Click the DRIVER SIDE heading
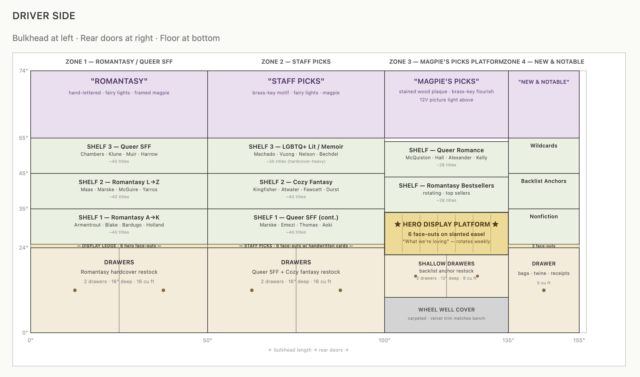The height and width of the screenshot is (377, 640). coord(44,16)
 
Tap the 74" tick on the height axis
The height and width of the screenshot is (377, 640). coord(24,71)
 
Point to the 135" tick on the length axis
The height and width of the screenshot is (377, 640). coord(508,340)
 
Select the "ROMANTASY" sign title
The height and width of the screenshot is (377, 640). coord(119,81)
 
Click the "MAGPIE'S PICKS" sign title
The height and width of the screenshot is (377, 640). coord(446,81)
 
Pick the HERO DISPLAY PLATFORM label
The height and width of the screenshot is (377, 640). coord(446,224)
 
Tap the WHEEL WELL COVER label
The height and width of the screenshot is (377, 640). coord(446,310)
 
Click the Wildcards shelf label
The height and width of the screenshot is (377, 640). coord(544,146)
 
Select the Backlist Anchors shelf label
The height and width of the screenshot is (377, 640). coord(544,181)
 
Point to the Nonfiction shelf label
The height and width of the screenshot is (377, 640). coord(544,217)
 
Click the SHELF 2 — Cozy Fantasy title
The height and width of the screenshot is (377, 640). coord(296,182)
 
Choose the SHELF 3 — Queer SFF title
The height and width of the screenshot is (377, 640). coord(119,147)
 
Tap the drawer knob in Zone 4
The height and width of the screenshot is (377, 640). coord(544,290)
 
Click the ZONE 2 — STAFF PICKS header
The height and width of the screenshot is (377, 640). coord(296,62)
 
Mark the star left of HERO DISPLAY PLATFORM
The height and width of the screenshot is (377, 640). coord(398,224)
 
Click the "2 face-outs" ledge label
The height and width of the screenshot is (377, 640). coord(544,246)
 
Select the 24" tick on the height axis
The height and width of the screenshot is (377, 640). coord(24,248)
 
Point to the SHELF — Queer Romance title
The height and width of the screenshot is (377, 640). coord(446,150)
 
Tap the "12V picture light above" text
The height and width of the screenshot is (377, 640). coord(446,100)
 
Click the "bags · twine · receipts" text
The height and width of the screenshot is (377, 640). coord(544,273)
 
